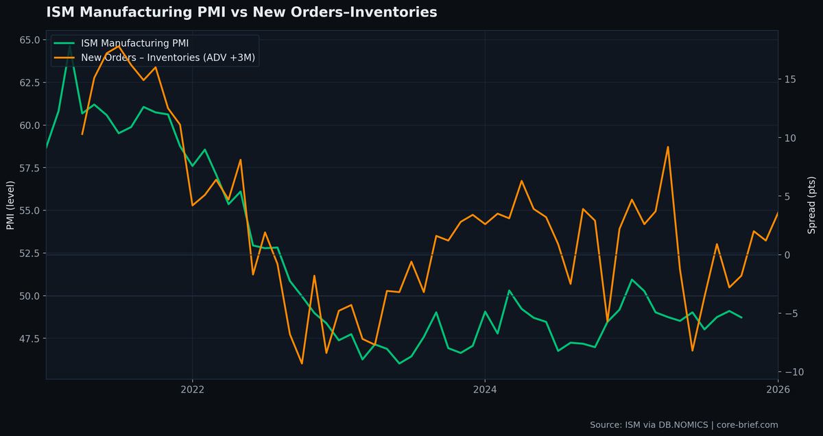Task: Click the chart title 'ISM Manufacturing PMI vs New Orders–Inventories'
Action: tap(241, 12)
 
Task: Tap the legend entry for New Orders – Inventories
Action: tap(168, 58)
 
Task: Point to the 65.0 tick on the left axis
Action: tap(29, 40)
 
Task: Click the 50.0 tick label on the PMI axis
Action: tap(29, 296)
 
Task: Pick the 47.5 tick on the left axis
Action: tap(29, 339)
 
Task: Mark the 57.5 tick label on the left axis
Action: tap(29, 168)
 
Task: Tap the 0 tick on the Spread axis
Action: tap(787, 255)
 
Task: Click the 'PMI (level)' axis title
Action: tap(11, 205)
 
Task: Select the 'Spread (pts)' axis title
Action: tap(812, 205)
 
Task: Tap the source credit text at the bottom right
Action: tap(684, 425)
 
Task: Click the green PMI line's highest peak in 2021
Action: tap(70, 46)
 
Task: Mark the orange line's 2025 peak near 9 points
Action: tap(667, 147)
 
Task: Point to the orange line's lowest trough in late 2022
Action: tap(302, 363)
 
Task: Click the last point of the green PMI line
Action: tap(741, 317)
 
